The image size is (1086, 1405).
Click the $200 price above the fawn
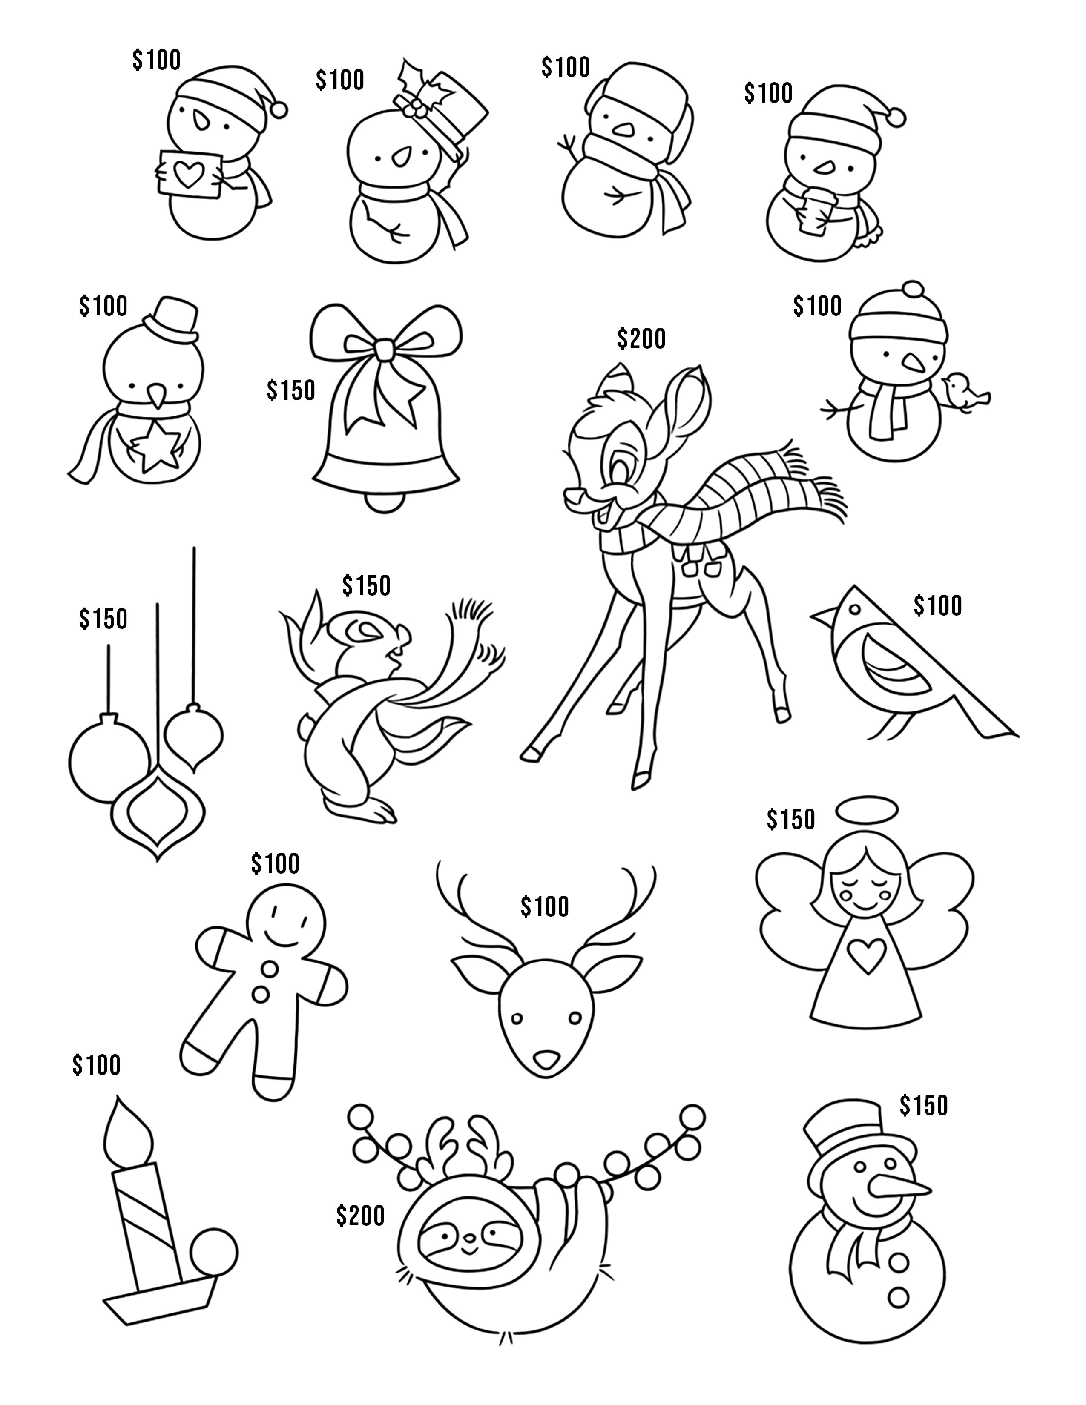coord(641,338)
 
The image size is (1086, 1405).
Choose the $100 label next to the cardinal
coord(937,605)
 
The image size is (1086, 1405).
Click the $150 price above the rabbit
coord(366,585)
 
